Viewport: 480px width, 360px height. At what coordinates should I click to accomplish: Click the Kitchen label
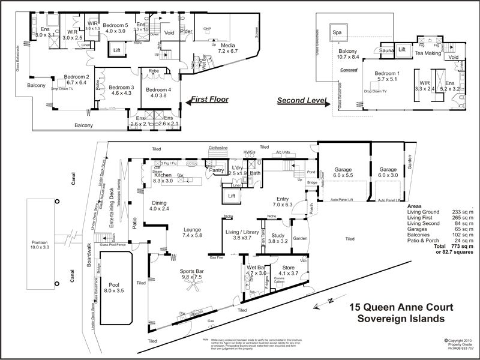click(x=163, y=176)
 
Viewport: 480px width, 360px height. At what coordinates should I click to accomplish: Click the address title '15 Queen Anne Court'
click(x=401, y=307)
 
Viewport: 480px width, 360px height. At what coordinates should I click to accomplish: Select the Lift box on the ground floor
click(x=232, y=195)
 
